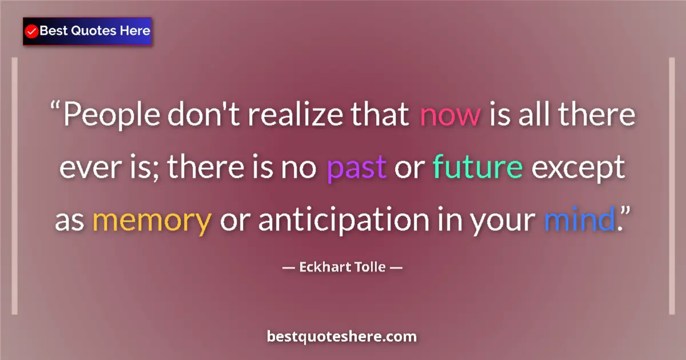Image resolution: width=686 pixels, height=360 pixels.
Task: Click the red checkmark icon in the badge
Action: (x=32, y=31)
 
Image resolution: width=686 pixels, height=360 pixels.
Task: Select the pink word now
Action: (x=450, y=114)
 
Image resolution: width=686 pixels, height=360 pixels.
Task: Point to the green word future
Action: (x=478, y=167)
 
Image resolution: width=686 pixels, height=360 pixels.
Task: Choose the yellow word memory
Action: (x=151, y=221)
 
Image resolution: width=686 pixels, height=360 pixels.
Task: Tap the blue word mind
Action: (x=578, y=220)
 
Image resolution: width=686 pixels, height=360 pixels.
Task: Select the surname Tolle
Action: (x=370, y=267)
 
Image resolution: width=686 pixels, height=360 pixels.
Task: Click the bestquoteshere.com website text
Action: (x=342, y=337)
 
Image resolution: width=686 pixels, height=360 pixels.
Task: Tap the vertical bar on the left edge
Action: (x=15, y=186)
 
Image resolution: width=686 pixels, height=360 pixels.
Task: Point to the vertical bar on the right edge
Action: (x=672, y=186)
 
